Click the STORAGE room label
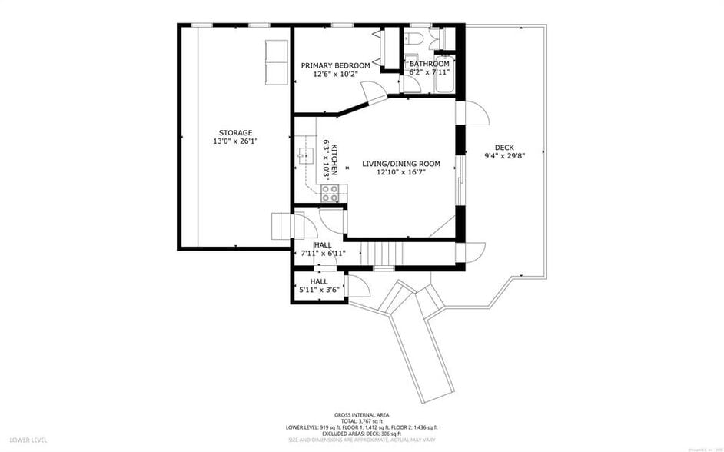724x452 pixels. [234, 133]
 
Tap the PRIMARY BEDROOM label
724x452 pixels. [336, 65]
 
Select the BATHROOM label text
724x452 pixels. [429, 64]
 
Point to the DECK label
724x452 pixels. [504, 148]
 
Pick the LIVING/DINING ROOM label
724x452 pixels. [401, 164]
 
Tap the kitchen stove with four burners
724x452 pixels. [330, 193]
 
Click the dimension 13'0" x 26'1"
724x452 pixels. [234, 141]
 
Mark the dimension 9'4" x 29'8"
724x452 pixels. [504, 156]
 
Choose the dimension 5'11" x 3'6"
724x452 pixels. [319, 291]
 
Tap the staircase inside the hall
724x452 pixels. [381, 252]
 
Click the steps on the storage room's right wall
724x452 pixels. [282, 227]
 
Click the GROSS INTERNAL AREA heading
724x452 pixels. [360, 414]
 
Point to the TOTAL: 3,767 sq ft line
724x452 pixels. [361, 420]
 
